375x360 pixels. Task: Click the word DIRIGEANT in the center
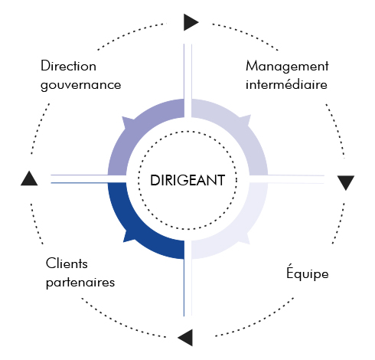pos(187,180)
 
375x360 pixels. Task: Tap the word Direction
pos(68,66)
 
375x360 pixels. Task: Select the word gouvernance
pos(80,85)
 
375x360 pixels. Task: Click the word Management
pos(287,67)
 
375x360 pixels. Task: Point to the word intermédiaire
pos(286,83)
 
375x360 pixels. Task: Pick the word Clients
pos(67,263)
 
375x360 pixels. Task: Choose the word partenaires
pos(80,283)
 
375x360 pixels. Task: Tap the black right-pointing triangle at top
pos(191,22)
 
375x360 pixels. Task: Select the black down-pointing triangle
pos(346,182)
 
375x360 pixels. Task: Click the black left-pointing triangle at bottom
pos(185,338)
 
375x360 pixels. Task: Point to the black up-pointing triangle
pos(29,178)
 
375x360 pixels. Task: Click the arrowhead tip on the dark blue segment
pos(123,242)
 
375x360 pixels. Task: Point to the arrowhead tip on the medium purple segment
pos(122,116)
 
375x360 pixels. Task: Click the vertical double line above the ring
pos(187,80)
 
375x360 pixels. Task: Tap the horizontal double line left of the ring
pos(89,179)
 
